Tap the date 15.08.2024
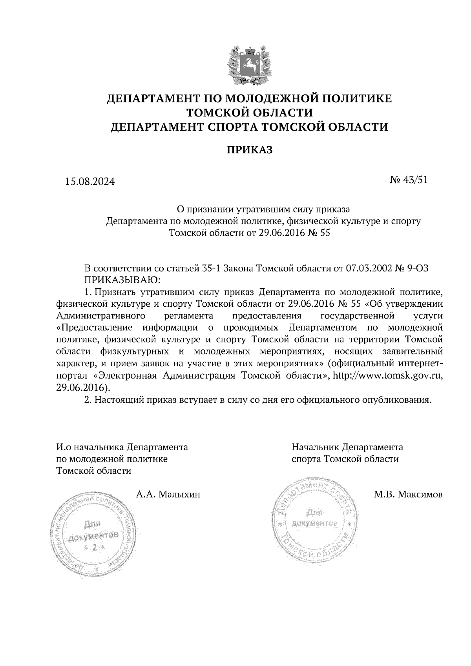(x=90, y=182)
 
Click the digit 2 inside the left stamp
(x=94, y=548)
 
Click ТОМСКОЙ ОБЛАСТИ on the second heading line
(x=249, y=113)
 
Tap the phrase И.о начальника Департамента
(x=122, y=447)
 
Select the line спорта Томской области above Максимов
(x=345, y=459)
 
